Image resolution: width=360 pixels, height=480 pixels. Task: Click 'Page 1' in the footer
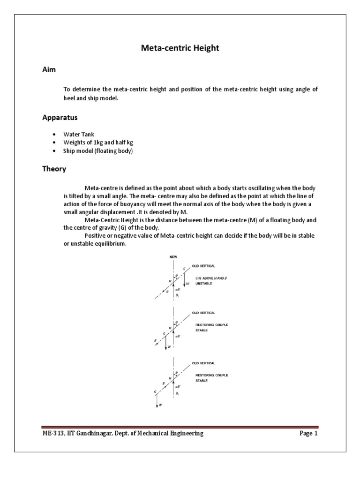tap(308, 434)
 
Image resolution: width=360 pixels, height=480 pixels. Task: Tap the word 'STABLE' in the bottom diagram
tap(202, 381)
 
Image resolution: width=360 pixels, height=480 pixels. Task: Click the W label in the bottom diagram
tap(160, 405)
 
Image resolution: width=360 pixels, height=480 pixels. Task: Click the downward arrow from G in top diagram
tap(184, 279)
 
